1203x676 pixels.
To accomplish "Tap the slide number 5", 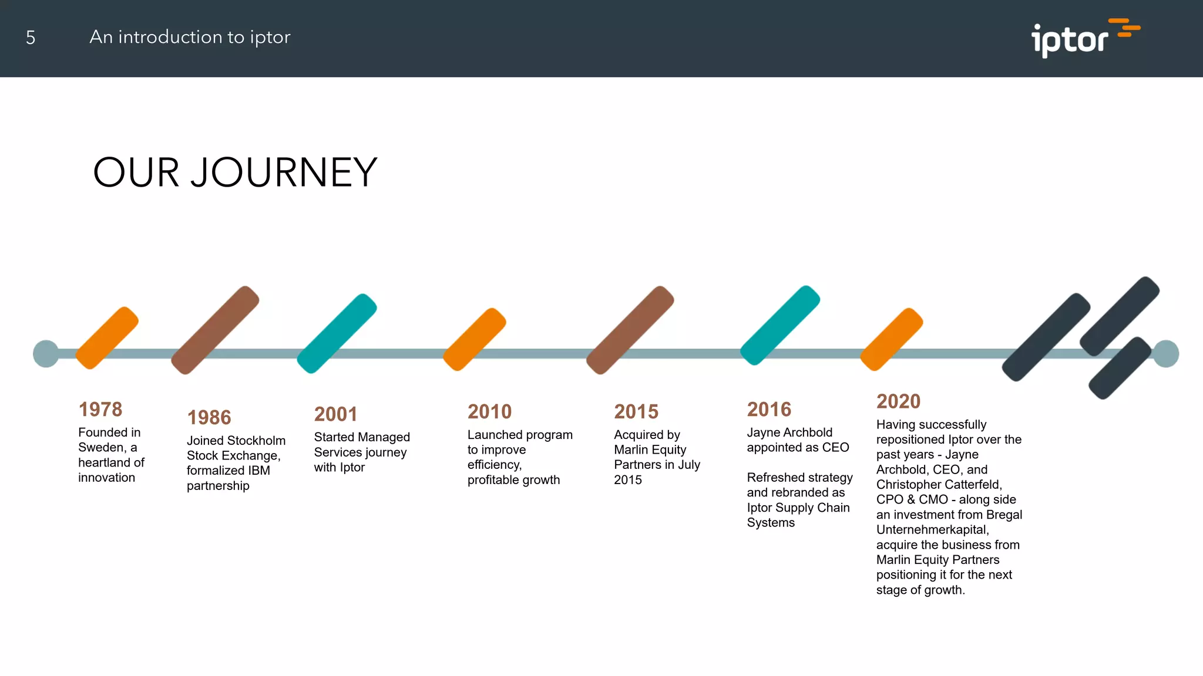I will tap(31, 38).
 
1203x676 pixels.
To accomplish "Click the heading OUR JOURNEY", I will tap(235, 173).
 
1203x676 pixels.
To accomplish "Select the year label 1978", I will tap(100, 409).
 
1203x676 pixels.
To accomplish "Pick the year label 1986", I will tap(209, 417).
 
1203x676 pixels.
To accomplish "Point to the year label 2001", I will tap(336, 414).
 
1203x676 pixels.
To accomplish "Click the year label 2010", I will tap(489, 411).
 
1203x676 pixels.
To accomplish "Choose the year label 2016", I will tap(769, 409).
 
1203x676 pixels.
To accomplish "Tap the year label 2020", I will tap(898, 401).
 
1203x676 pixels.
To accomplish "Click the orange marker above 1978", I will tap(107, 338).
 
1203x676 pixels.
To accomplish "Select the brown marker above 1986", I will tap(215, 330).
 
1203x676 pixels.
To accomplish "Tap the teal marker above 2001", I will tap(337, 333).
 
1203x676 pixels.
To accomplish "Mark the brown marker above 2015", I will tap(630, 330).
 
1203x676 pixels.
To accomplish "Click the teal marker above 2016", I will tap(779, 326).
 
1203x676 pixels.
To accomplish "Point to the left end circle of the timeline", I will tap(46, 354).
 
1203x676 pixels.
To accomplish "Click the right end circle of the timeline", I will tap(1165, 354).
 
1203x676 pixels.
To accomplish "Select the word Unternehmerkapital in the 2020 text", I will tap(932, 530).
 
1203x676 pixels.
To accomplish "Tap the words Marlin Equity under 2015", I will tap(650, 450).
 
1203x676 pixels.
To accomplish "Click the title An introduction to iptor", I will tap(190, 37).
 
